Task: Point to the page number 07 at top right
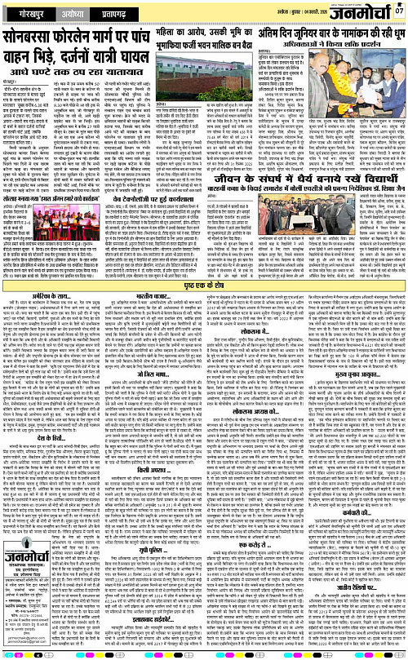coord(398,11)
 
